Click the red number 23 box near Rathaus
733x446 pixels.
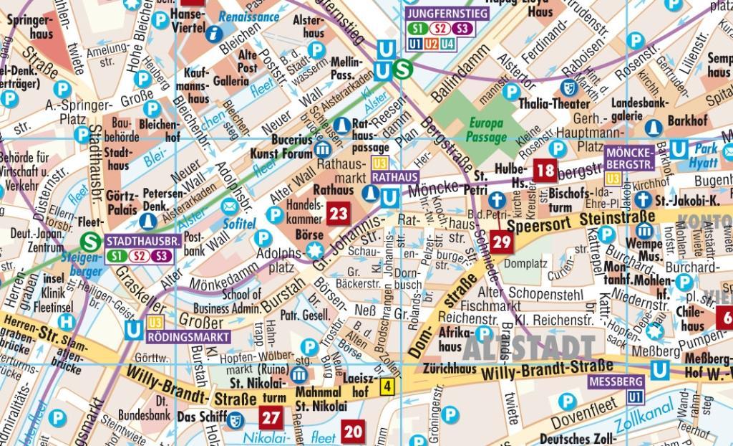(x=338, y=213)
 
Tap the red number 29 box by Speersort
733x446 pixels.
(x=502, y=242)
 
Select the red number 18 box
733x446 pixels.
(x=545, y=170)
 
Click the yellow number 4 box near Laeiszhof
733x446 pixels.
(x=387, y=388)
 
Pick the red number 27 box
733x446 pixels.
(x=271, y=418)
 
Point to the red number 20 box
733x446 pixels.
(x=352, y=432)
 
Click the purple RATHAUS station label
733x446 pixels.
(x=393, y=176)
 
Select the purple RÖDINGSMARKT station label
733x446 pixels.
(x=189, y=336)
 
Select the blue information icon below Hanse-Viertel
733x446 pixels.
(x=213, y=33)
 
